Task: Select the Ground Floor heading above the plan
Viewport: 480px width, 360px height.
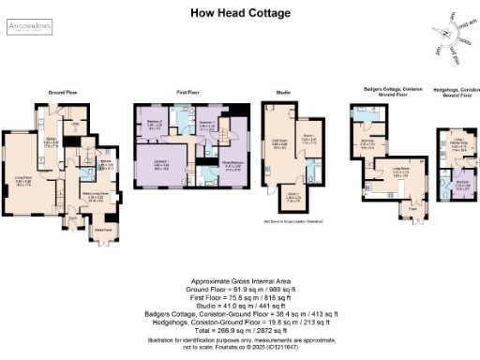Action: [x=62, y=92]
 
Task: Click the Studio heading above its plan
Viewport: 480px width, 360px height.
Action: [x=283, y=92]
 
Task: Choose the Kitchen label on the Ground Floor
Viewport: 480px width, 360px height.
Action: [x=52, y=141]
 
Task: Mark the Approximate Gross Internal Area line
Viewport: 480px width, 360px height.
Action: [x=239, y=281]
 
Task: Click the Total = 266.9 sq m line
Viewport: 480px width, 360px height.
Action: [x=240, y=330]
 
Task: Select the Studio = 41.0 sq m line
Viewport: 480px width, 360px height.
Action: [x=240, y=306]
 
